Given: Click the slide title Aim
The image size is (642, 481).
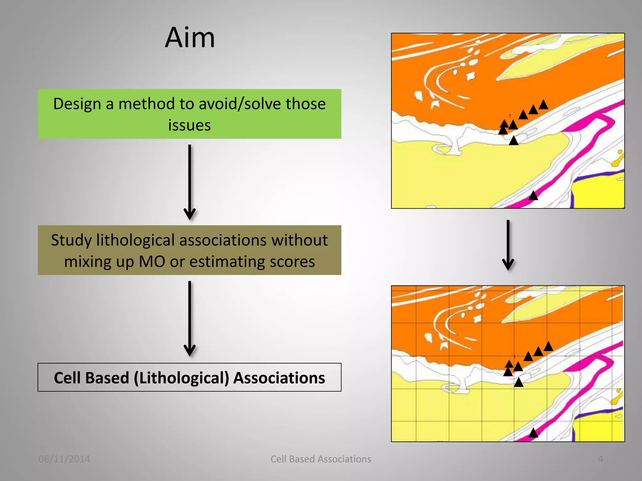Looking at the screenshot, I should (x=190, y=38).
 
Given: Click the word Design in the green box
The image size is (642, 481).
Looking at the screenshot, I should (x=77, y=104).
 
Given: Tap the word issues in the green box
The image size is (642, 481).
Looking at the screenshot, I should (x=189, y=125).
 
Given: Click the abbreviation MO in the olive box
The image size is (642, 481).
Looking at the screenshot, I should (x=152, y=261).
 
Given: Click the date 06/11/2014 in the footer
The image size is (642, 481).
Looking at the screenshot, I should (x=64, y=459).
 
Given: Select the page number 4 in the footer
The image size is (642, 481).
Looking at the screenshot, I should (x=600, y=459).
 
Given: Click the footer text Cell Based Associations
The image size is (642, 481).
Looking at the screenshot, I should (x=321, y=459).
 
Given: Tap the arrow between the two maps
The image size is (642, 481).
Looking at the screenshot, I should (x=508, y=245).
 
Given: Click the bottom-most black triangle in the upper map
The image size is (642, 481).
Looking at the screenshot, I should (x=533, y=196).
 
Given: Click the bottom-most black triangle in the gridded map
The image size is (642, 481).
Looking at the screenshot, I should (x=533, y=433).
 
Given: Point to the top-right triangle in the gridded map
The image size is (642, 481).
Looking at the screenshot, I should (x=548, y=347).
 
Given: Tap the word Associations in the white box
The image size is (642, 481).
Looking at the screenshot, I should (x=279, y=378).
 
